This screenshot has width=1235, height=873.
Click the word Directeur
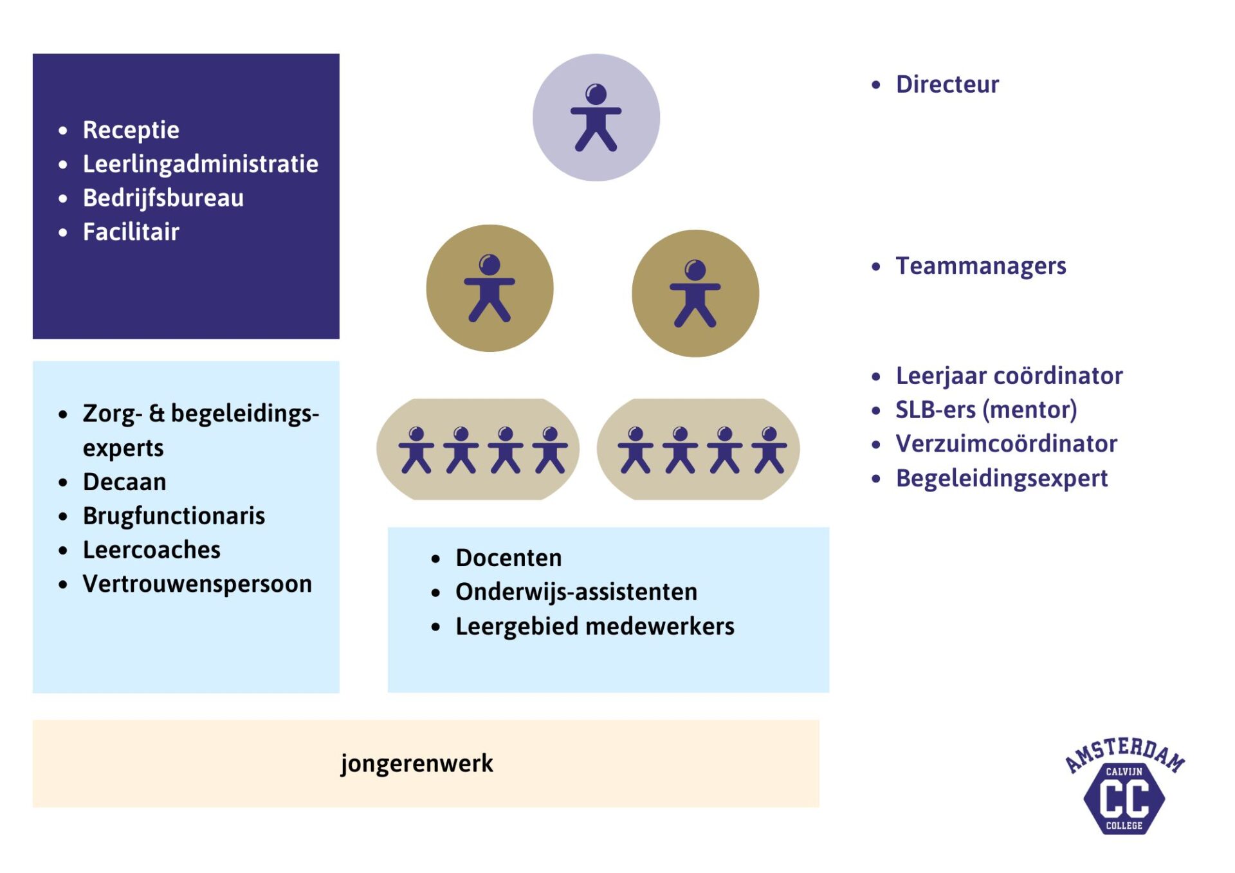click(947, 84)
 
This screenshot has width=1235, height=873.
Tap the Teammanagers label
click(980, 266)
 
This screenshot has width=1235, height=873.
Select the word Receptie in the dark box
click(131, 130)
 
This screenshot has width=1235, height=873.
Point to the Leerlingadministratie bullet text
click(200, 164)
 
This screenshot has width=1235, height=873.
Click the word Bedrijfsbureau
click(163, 198)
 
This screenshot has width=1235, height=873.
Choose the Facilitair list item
click(131, 232)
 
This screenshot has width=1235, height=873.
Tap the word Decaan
click(124, 482)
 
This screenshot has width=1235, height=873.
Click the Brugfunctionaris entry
click(174, 516)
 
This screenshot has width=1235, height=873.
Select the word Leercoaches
click(152, 550)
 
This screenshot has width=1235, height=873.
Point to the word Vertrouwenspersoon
click(197, 584)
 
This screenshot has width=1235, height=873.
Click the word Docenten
click(508, 558)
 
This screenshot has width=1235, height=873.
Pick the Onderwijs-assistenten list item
click(576, 592)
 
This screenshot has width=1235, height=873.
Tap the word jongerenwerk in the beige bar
click(417, 763)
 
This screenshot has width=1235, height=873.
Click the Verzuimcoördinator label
click(1006, 444)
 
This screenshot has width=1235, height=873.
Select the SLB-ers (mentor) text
click(986, 410)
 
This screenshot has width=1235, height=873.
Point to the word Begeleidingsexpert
click(1002, 478)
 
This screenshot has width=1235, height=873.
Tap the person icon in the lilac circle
click(596, 117)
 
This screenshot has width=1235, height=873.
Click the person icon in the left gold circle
click(489, 288)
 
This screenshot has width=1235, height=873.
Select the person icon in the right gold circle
click(695, 293)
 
